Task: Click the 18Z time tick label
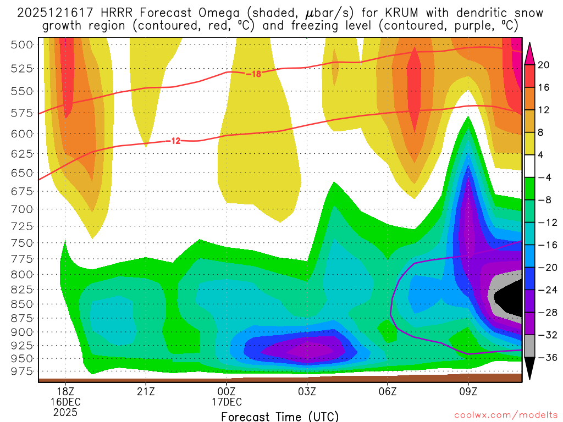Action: [65, 392]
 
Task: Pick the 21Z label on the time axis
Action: [146, 392]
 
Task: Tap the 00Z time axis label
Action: [227, 392]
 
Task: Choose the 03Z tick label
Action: [307, 392]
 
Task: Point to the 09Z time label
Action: [468, 392]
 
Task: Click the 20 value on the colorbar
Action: [544, 65]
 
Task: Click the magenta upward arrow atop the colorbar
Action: [530, 53]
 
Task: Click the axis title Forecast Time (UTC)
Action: [280, 416]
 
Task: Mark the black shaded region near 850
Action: [509, 299]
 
